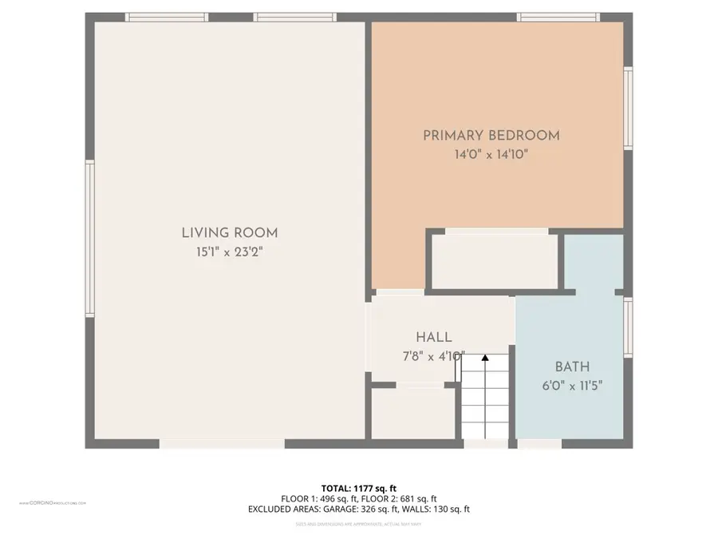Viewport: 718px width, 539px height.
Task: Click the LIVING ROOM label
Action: (230, 233)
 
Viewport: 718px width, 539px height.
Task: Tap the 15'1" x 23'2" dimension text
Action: (230, 252)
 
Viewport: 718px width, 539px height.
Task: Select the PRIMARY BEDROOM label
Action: (491, 136)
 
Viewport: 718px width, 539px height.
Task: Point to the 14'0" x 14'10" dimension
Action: (491, 155)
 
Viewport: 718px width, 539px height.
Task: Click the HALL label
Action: (433, 338)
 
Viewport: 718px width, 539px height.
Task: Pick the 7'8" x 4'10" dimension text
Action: (433, 357)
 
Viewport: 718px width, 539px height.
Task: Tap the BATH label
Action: (572, 367)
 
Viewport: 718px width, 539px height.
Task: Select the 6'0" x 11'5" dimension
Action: (572, 386)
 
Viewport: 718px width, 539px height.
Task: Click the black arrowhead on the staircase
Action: (484, 360)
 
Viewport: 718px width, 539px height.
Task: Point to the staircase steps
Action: (485, 403)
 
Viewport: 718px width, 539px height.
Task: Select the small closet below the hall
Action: (413, 413)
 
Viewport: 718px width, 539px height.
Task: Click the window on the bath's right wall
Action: (628, 327)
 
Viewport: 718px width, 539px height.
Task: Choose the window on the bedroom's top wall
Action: (558, 17)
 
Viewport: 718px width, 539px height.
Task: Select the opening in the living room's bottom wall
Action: (222, 443)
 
